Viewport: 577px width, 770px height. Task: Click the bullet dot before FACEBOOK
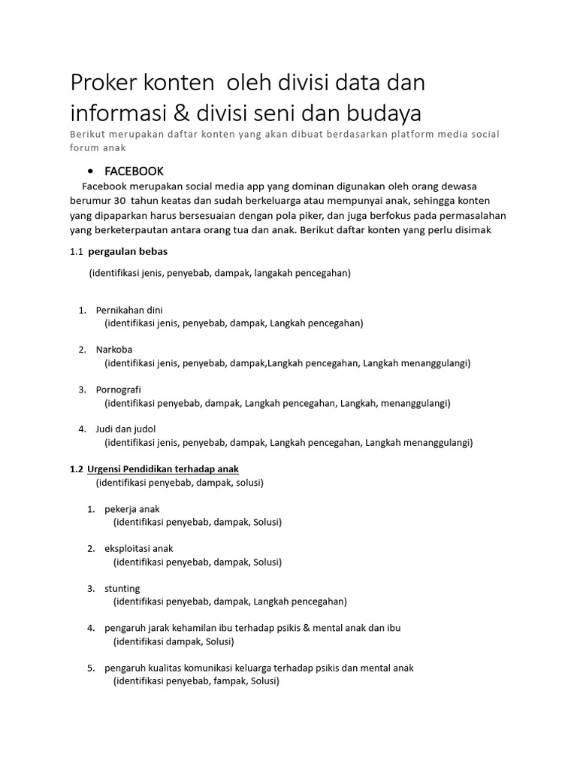pyautogui.click(x=90, y=171)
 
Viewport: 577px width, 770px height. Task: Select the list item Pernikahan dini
pyautogui.click(x=129, y=310)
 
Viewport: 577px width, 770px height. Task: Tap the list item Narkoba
pyautogui.click(x=114, y=350)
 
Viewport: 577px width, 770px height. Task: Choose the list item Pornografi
pyautogui.click(x=119, y=390)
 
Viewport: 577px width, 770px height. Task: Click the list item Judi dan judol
pyautogui.click(x=125, y=429)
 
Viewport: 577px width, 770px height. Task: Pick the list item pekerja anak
pyautogui.click(x=132, y=509)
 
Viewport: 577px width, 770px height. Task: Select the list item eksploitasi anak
pyautogui.click(x=139, y=548)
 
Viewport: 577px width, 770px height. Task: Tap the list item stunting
pyautogui.click(x=122, y=588)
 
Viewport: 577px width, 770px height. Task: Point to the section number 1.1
pyautogui.click(x=76, y=251)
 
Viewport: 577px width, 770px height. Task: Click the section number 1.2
pyautogui.click(x=76, y=469)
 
